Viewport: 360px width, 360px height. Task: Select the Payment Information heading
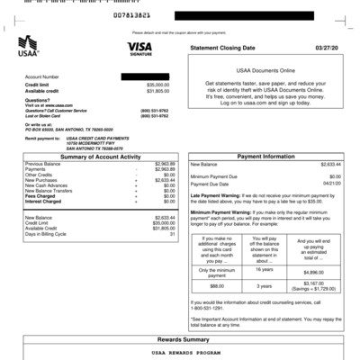tap(266, 157)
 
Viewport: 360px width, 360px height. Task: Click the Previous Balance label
tap(43, 165)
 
